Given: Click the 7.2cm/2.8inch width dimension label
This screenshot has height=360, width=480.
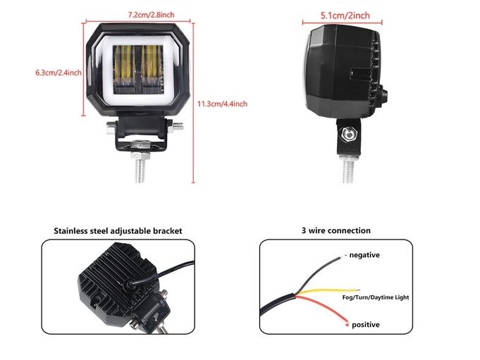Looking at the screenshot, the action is click(152, 15).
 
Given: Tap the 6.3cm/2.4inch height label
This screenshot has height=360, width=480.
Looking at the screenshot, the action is click(59, 73).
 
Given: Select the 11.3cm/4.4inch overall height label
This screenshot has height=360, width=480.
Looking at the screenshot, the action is click(222, 104).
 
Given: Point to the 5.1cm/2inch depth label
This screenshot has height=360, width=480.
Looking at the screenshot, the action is click(345, 15).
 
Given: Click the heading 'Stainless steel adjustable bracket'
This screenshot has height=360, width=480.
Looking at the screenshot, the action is click(118, 231).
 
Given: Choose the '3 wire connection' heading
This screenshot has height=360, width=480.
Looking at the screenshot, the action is click(336, 230).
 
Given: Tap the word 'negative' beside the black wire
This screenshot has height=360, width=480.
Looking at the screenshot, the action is click(364, 255).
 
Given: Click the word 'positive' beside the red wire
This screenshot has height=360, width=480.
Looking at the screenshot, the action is click(366, 325).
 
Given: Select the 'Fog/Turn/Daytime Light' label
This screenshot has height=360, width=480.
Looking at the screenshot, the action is click(376, 297).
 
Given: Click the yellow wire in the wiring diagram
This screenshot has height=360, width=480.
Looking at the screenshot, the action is click(328, 292).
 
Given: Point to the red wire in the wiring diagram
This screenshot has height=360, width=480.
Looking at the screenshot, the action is click(321, 306).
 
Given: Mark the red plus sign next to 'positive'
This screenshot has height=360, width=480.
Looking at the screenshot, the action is click(347, 325).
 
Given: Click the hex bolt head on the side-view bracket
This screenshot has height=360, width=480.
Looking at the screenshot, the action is click(348, 133).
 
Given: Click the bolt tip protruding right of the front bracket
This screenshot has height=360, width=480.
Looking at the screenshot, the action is click(178, 125).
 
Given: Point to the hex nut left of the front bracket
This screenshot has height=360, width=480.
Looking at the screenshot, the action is click(111, 128).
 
